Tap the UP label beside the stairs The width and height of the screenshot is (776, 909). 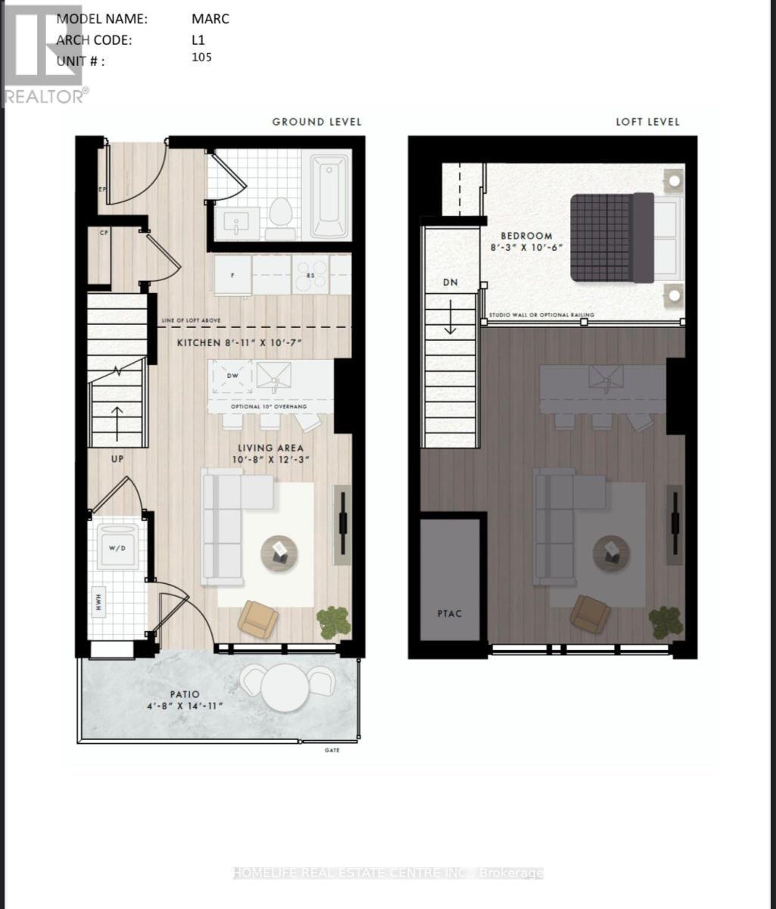[x=117, y=458]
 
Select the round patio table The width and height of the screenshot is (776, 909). [x=285, y=688]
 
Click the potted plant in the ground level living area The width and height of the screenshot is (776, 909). [x=333, y=622]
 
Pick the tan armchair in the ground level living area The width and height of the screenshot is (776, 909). [x=257, y=618]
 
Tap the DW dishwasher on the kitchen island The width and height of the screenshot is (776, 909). [x=232, y=376]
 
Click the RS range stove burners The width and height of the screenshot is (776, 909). [x=311, y=274]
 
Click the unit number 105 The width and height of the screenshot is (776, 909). [x=202, y=58]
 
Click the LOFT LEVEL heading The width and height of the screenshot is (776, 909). [x=647, y=121]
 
